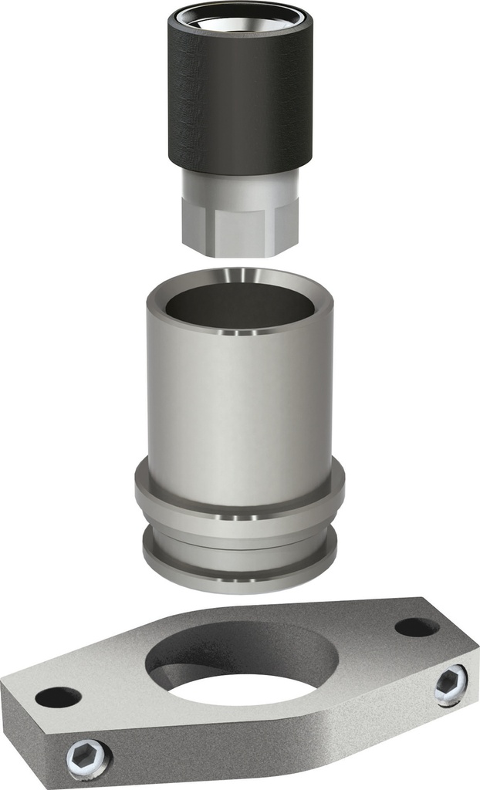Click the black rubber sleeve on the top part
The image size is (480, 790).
(239, 100)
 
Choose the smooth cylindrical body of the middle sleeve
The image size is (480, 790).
(239, 409)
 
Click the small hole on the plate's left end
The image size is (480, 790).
(58, 697)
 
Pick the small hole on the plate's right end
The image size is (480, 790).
(417, 626)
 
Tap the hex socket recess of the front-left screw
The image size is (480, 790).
(87, 758)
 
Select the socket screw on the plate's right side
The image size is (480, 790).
(450, 684)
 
